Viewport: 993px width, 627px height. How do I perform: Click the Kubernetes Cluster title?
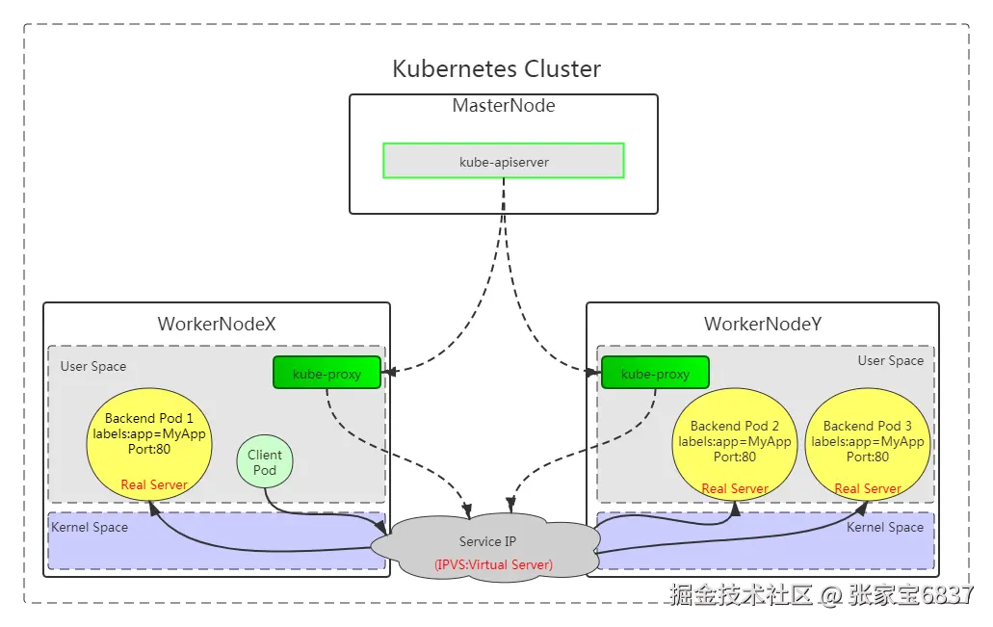(x=496, y=69)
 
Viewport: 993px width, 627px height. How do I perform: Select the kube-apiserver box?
(x=504, y=161)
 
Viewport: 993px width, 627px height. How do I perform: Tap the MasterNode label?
(x=504, y=106)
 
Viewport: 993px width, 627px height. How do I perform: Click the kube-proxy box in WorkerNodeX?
(x=327, y=373)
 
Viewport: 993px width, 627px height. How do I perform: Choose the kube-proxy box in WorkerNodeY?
(x=655, y=373)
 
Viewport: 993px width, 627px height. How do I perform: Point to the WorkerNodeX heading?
(x=217, y=325)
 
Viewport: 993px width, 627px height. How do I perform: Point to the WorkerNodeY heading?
(x=763, y=325)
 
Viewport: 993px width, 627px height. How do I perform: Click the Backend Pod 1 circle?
(x=149, y=443)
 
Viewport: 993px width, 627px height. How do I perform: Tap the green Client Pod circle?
(x=265, y=462)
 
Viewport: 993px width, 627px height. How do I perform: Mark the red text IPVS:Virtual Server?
(x=493, y=564)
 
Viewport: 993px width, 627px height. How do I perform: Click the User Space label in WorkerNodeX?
(x=93, y=366)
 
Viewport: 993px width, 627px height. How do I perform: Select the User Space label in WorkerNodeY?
(x=891, y=360)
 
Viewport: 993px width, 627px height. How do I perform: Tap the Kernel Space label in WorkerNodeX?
(x=90, y=527)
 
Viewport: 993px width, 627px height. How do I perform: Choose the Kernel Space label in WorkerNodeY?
(x=885, y=527)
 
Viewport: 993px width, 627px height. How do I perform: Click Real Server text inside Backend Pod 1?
(x=154, y=484)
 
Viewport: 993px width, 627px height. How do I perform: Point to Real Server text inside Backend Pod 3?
(x=868, y=488)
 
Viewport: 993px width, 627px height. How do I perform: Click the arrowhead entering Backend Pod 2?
(x=735, y=508)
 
